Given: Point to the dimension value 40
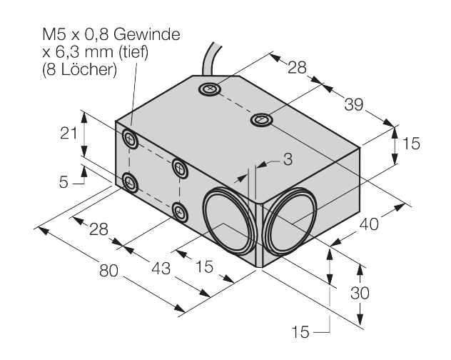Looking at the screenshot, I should tap(369, 224).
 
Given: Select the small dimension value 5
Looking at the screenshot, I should tap(64, 181).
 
